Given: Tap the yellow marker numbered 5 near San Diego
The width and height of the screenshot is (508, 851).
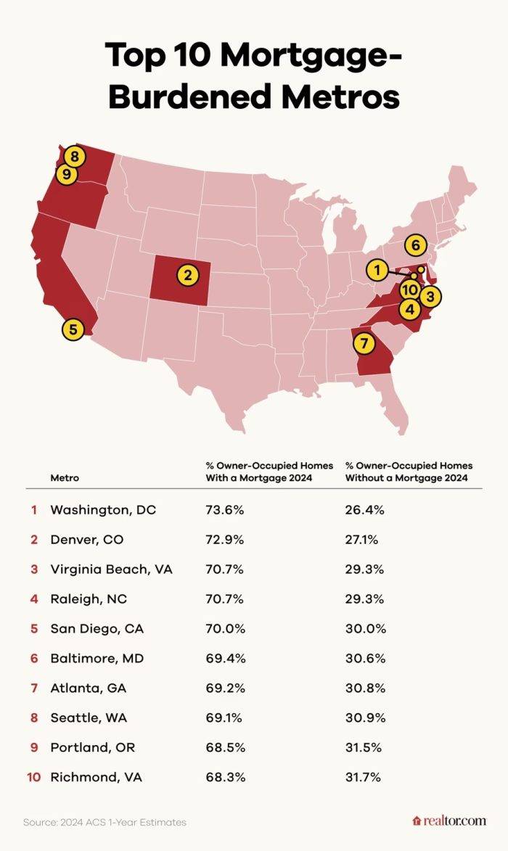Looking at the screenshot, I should pos(73,329).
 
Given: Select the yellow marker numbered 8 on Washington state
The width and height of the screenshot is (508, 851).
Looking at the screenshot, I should pos(74,155).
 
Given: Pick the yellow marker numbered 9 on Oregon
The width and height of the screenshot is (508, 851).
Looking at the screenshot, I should pos(67,175).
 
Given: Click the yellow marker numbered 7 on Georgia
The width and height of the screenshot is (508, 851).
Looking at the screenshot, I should pos(364,342).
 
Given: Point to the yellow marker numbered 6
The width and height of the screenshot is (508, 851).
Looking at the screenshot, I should pos(415,244).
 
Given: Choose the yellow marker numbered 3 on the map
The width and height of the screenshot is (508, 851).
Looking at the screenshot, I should pos(430,296).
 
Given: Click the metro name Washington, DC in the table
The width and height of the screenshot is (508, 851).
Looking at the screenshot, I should pos(102,510).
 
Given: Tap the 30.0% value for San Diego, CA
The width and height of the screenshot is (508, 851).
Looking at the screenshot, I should pos(364,628).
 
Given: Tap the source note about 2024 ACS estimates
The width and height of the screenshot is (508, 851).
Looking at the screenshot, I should pos(105,822).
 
